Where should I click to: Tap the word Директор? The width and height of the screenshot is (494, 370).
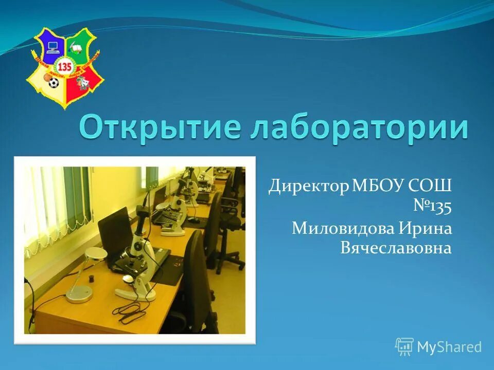[x=308, y=187]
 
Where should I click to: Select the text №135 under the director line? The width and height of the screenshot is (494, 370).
[x=432, y=207]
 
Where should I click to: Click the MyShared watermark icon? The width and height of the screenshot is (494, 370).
[x=404, y=347]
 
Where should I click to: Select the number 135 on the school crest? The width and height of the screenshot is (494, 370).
[x=65, y=67]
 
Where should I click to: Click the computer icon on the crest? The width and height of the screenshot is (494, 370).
[x=52, y=48]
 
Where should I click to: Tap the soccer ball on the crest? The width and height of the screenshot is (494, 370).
[x=52, y=82]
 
